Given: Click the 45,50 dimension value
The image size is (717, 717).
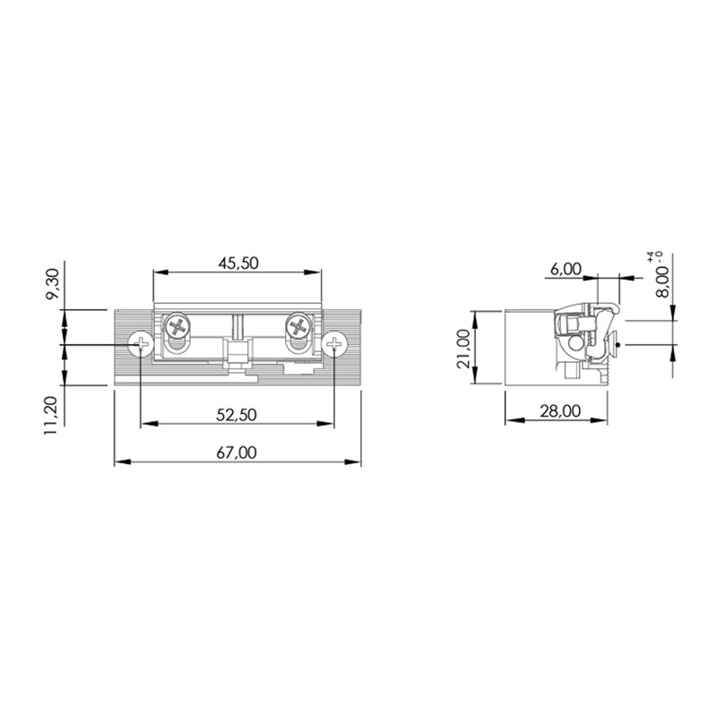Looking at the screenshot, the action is pos(238,263).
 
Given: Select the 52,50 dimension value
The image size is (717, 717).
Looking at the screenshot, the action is pos(237,415).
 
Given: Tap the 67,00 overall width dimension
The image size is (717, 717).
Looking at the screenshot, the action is pos(237,453).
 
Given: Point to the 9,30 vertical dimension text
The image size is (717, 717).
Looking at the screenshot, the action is pos(53,283).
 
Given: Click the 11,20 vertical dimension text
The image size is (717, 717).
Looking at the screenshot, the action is pos(51,416).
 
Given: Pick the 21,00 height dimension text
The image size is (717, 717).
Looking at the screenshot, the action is pos(463,349).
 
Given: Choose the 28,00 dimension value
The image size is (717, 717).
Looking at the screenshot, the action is pos(560,411).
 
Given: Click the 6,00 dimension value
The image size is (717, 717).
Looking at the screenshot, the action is pos(566,269).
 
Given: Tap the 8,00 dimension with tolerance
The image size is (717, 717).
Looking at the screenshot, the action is pos(661,281).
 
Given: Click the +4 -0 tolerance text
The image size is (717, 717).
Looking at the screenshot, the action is pos(654,256).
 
